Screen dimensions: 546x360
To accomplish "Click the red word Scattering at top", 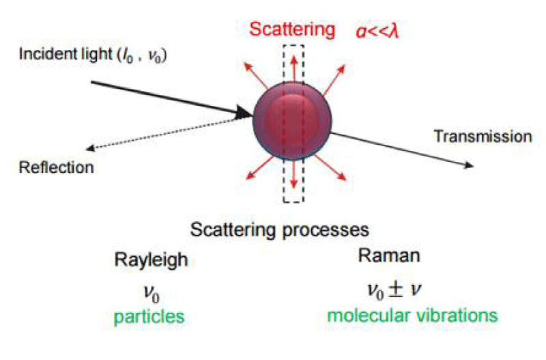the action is tap(292, 29).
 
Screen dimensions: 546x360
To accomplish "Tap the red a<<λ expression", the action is tap(377, 31).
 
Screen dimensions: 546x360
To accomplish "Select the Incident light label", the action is tap(93, 55).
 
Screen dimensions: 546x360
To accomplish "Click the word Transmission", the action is tap(483, 136).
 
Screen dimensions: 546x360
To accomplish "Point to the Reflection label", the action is tap(57, 167).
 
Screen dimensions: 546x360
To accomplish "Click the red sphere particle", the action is tap(292, 121).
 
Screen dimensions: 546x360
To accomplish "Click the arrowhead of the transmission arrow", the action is tap(469, 165).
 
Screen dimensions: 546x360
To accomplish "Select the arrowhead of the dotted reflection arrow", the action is tap(91, 148).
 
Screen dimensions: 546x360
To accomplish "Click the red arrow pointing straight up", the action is tap(294, 69).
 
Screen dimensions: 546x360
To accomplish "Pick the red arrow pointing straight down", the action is tap(294, 174).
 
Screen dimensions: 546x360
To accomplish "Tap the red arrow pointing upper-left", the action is tap(256, 75).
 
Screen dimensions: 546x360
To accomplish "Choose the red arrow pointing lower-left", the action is tap(260, 168).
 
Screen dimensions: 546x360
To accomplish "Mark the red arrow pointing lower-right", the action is tap(331, 167).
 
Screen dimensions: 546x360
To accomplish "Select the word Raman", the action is tap(389, 255).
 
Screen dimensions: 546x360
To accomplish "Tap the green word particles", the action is tap(149, 317).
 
